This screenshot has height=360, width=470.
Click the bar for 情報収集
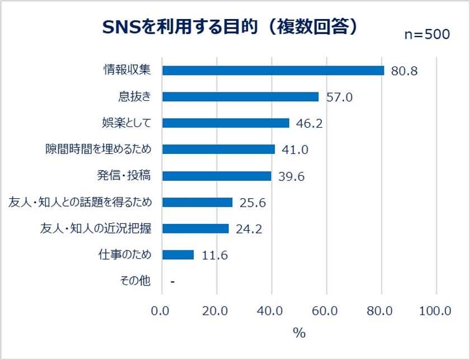273,71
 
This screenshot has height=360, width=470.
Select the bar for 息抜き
240,97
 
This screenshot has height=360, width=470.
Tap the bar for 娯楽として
225,123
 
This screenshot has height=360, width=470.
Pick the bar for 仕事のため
178,255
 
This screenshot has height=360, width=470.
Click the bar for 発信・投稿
217,176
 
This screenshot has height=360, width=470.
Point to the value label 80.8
405,71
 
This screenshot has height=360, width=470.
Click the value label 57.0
339,97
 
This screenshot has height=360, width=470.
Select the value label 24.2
249,229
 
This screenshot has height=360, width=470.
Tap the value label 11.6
214,255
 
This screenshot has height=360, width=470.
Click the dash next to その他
172,282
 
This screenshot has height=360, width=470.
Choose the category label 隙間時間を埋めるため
98,149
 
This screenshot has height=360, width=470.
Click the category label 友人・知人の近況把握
96,228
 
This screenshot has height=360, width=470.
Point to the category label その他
135,281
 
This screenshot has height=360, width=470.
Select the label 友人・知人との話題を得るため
81,202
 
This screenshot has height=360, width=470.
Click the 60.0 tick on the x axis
326,311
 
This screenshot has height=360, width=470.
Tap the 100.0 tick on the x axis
435,311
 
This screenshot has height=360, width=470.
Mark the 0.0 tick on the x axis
162,311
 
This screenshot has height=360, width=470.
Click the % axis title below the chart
299,333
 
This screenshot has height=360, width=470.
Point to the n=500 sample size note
427,35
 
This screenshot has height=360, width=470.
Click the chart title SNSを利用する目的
229,26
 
